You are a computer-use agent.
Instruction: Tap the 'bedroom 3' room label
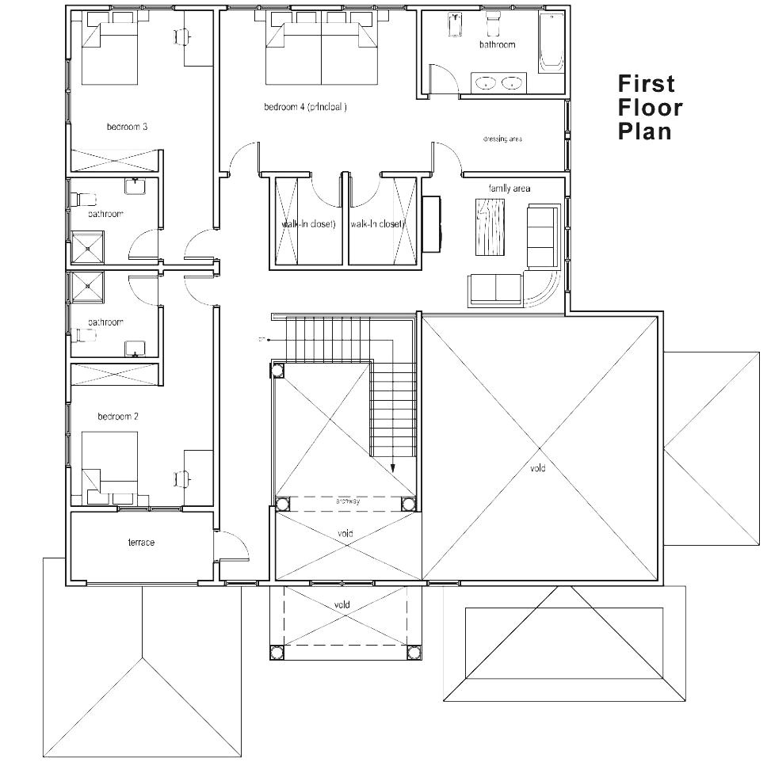(128, 127)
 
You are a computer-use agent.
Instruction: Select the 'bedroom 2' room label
(118, 417)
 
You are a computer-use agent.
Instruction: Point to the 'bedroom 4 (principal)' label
(305, 107)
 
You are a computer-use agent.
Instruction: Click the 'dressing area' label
(502, 139)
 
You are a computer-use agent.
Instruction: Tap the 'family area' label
(509, 189)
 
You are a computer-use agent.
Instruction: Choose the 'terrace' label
(141, 543)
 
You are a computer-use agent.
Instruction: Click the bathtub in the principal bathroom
(551, 43)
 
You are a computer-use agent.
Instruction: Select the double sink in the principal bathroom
(499, 82)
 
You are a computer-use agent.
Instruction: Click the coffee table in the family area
(490, 227)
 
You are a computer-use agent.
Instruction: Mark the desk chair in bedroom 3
(181, 35)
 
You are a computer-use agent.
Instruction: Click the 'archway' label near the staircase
(347, 501)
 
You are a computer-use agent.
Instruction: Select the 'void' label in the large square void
(538, 469)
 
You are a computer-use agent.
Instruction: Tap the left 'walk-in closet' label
(308, 224)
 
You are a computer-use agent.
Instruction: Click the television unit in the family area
(433, 224)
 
